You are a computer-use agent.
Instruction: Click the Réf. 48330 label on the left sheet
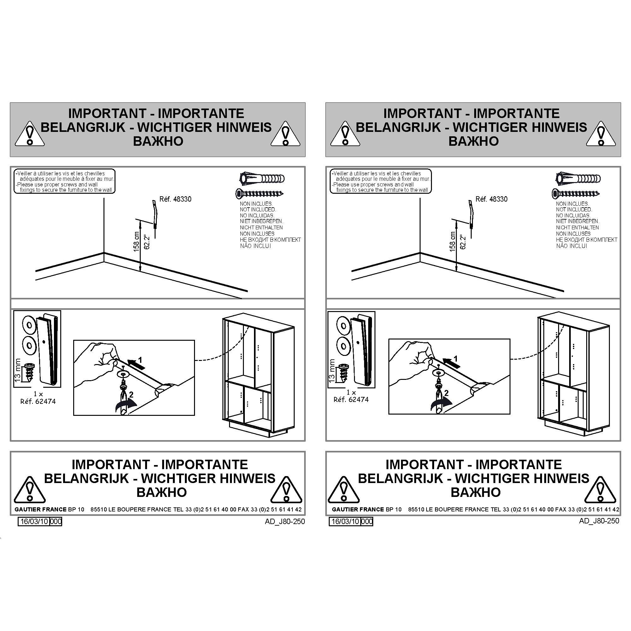pos(175,199)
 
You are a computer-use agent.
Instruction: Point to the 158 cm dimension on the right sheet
pos(452,241)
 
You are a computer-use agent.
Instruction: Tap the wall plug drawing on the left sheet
pos(262,179)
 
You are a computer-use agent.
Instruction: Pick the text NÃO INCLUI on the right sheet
pos(572,246)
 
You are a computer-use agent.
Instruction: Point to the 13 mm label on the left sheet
pos(18,369)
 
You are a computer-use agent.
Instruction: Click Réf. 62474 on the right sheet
pos(351,399)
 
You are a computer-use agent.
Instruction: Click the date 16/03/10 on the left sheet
pos(34,521)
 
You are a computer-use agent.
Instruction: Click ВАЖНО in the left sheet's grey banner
pos(158,141)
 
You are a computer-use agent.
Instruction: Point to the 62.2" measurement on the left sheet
pos(147,242)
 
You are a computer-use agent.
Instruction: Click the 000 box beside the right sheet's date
pos(367,521)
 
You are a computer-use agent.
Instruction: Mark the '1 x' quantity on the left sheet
pos(38,394)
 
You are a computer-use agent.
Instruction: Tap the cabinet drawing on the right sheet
pos(574,375)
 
